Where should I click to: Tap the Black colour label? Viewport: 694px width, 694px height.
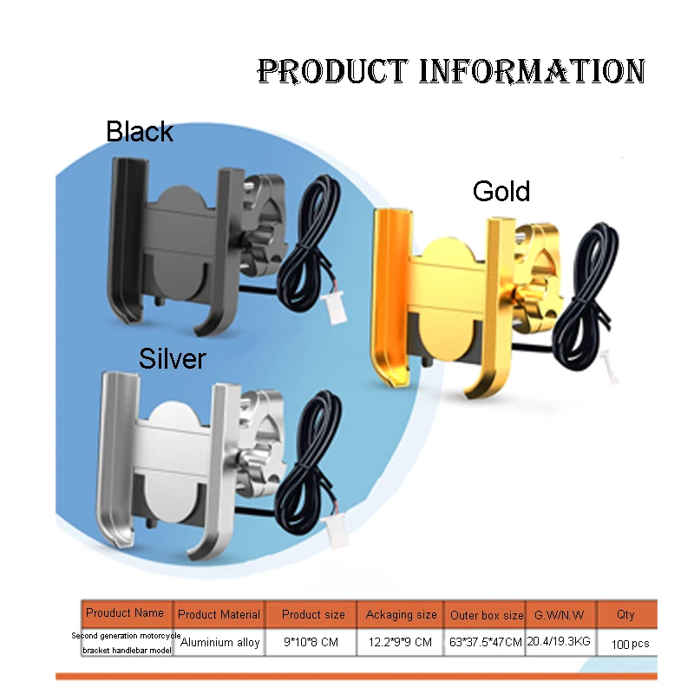click(140, 132)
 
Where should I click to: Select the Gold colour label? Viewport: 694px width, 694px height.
click(501, 191)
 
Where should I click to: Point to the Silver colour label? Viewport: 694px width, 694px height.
click(172, 357)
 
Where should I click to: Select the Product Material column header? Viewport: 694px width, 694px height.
click(219, 614)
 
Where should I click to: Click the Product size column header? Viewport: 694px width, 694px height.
click(313, 614)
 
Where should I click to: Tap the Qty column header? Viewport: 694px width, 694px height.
click(625, 614)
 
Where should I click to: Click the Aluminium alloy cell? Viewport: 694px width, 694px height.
click(219, 643)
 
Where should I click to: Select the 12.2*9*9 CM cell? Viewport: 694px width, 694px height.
click(400, 643)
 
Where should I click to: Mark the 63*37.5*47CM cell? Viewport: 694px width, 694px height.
click(486, 643)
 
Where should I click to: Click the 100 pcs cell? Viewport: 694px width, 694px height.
click(630, 644)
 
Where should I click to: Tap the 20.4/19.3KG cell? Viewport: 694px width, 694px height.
click(558, 643)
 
